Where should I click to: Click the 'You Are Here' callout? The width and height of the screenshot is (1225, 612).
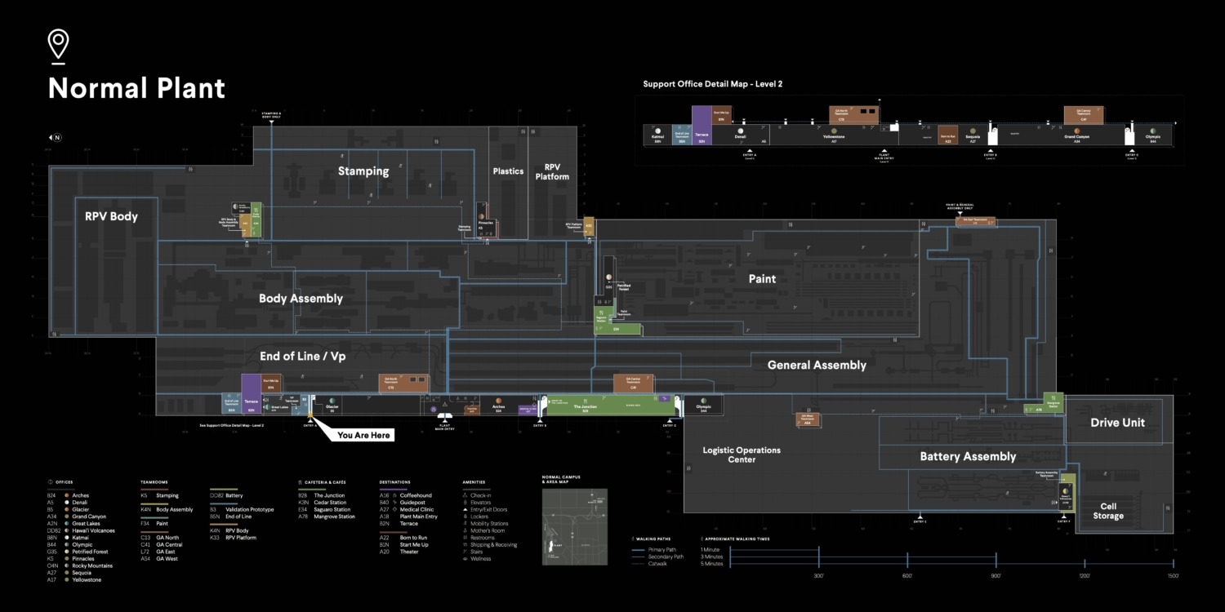point(365,435)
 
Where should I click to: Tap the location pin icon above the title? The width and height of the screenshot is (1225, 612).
point(58,44)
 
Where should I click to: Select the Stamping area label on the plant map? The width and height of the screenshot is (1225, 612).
point(363,171)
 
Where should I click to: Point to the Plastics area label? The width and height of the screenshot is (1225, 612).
point(508,171)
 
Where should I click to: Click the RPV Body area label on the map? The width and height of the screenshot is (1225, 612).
point(111,217)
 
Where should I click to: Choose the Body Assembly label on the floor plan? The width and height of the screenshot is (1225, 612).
point(301,299)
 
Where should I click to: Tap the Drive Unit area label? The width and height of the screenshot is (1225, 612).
point(1117,423)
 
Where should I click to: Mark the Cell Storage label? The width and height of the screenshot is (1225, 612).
point(1108,511)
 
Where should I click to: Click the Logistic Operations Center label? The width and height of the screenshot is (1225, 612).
point(742,455)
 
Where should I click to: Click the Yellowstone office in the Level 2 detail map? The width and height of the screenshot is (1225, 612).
point(834,135)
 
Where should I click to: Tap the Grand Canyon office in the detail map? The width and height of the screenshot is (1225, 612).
point(1077,135)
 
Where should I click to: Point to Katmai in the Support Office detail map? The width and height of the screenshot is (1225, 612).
point(657,135)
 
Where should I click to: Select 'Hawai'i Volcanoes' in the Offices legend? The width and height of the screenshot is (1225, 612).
point(93,530)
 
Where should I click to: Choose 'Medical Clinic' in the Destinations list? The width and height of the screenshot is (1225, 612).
point(416,509)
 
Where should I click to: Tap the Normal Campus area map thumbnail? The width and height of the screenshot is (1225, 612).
point(574,527)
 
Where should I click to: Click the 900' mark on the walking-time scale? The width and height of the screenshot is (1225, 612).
point(996,576)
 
